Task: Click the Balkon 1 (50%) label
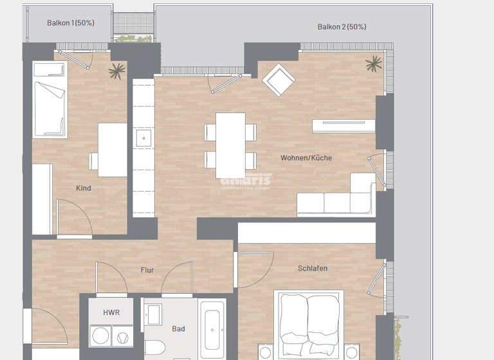point(71,22)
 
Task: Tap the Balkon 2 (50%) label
point(342,27)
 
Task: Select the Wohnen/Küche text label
point(306,157)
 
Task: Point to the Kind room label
point(84,188)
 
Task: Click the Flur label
point(147,270)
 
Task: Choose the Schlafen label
point(313,268)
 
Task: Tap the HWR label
point(111,312)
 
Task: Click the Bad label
point(178,328)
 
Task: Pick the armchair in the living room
point(279,80)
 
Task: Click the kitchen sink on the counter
point(143,138)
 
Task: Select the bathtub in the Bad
point(212,331)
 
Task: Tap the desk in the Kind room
point(113,150)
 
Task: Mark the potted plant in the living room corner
point(372,64)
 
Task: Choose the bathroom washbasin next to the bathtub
point(154,314)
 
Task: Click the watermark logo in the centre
point(246,181)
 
